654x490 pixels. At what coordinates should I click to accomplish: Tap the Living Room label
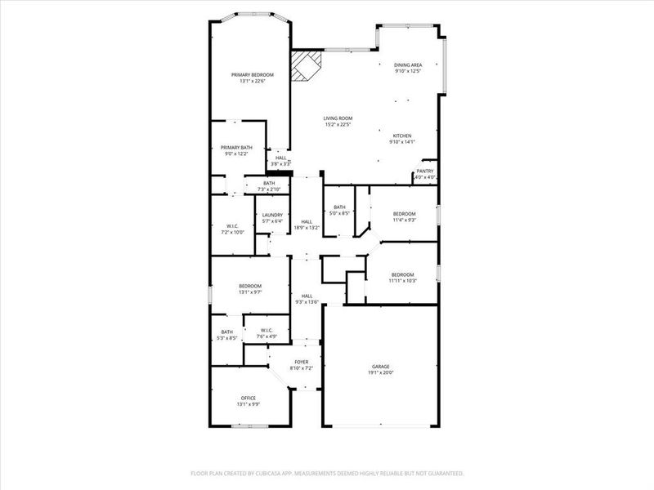click(337, 122)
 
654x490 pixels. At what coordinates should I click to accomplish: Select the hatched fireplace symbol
click(308, 65)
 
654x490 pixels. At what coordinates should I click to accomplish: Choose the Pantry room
click(425, 174)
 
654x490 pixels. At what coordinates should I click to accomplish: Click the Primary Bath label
click(236, 150)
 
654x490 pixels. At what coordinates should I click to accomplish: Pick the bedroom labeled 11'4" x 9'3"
click(404, 216)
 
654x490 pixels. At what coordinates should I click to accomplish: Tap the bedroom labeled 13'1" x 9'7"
click(250, 288)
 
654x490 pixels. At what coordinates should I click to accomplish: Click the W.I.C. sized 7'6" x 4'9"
click(266, 333)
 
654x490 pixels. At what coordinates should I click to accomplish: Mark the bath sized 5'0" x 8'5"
click(339, 210)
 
